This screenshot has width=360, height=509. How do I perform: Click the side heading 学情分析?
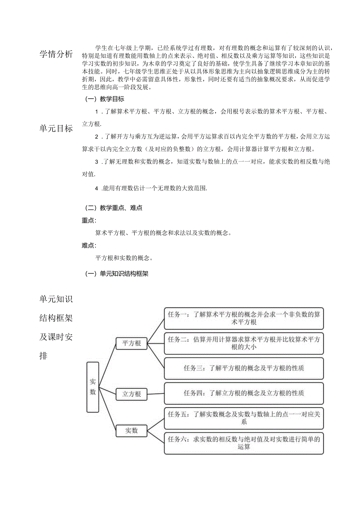point(56,54)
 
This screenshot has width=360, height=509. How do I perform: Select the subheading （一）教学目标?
point(105,99)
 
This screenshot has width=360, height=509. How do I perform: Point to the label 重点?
point(89,220)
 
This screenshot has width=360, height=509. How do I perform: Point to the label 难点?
point(89,245)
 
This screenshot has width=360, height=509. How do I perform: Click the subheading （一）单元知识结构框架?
point(117,274)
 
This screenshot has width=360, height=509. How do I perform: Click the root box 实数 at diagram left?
point(93,387)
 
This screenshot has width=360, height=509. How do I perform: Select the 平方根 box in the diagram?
point(131,343)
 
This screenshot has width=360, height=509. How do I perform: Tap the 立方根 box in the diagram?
point(131,394)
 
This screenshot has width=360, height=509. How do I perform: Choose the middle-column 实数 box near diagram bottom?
point(131,431)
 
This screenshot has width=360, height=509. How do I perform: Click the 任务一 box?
point(244,318)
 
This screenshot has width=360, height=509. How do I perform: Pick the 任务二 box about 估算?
point(244,343)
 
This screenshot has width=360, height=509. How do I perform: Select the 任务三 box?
point(244,368)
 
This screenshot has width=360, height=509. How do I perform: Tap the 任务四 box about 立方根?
point(244,393)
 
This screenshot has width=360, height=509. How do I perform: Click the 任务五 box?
point(244,418)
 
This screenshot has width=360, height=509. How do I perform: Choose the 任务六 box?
point(244,443)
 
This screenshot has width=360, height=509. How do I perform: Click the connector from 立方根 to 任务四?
point(155,394)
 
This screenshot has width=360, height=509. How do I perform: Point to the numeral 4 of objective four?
point(97,188)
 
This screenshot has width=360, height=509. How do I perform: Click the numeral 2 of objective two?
point(97,137)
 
